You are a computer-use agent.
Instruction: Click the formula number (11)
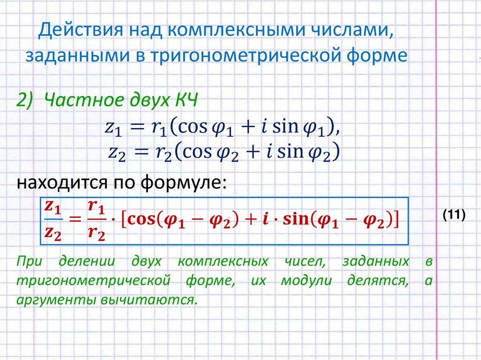453,215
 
